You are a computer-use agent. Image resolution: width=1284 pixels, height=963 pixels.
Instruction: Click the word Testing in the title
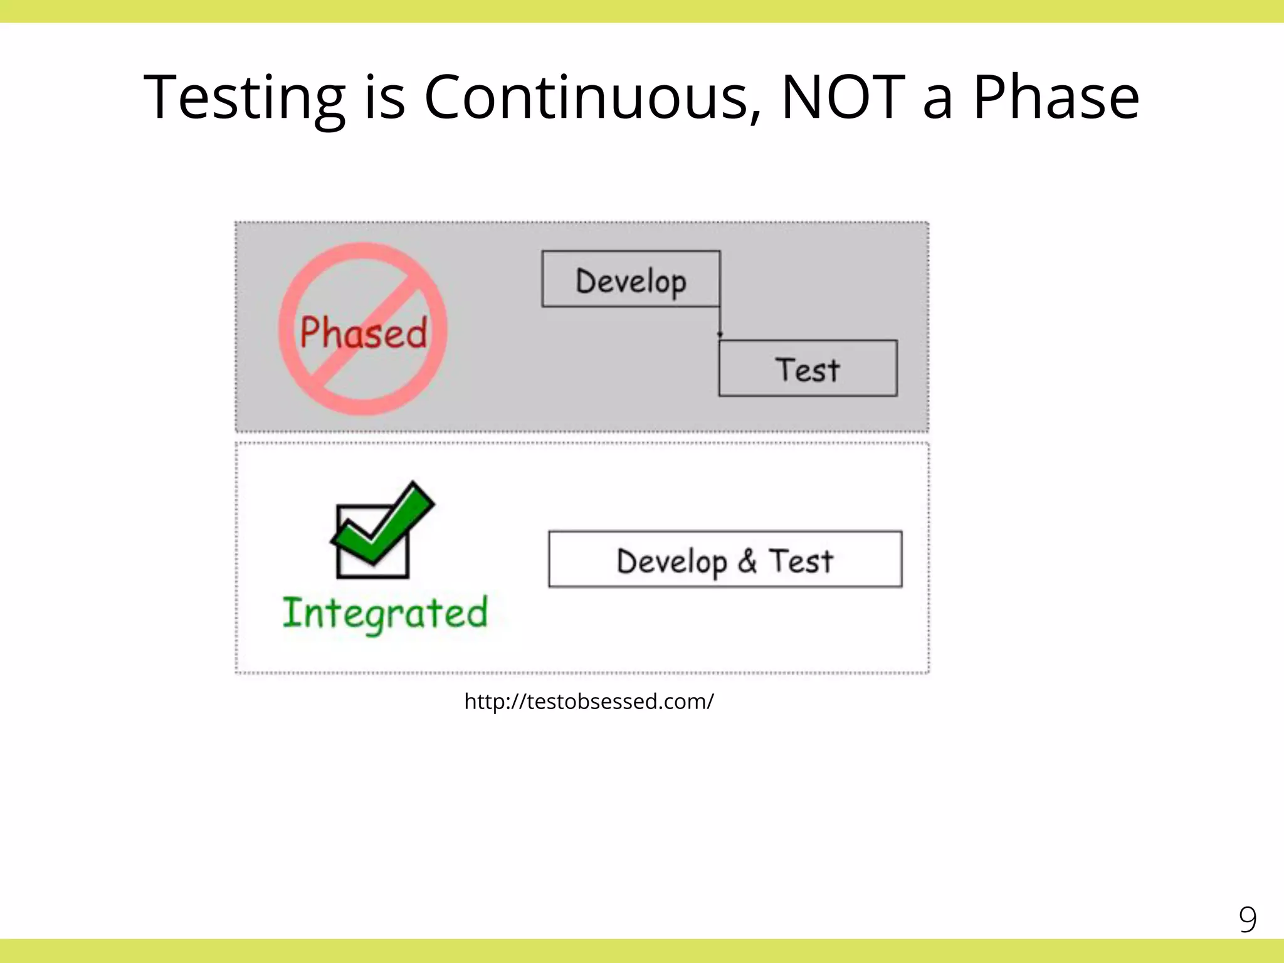245,97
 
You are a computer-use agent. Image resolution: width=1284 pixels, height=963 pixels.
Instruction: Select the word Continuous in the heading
592,97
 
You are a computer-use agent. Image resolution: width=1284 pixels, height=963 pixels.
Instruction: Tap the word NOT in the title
843,97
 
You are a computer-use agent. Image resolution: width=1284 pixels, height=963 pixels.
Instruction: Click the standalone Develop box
631,280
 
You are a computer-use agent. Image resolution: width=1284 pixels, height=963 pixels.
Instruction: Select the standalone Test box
808,369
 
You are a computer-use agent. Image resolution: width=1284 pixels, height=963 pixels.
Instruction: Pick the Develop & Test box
725,559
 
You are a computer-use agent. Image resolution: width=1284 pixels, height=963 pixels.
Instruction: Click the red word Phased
363,332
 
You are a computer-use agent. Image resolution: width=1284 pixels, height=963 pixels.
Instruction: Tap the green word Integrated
384,613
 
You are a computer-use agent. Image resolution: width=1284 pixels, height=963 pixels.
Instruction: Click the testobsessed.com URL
589,701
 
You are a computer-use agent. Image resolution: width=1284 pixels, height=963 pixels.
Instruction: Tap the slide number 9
1247,920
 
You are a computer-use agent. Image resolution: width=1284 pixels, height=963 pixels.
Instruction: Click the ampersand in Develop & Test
747,560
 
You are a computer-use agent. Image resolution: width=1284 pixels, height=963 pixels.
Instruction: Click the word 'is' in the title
384,97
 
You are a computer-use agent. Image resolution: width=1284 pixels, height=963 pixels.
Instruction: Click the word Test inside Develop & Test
801,560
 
